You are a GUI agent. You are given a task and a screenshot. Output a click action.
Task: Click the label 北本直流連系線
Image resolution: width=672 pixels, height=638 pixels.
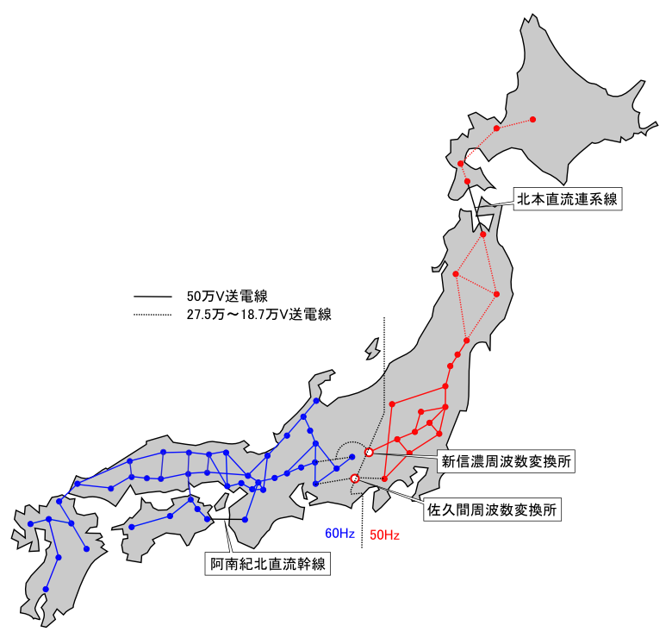tap(567, 199)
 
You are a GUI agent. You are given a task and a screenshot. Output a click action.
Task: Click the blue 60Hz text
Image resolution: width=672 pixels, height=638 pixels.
tap(339, 534)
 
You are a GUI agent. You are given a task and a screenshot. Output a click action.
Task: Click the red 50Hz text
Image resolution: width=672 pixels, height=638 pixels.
tap(384, 535)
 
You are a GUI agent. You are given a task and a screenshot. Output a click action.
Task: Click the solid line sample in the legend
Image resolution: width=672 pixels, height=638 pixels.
tap(153, 297)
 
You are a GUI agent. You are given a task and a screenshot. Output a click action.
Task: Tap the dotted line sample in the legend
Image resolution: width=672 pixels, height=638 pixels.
tap(153, 315)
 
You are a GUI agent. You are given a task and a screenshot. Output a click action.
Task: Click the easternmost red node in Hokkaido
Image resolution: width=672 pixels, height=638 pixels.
tap(532, 119)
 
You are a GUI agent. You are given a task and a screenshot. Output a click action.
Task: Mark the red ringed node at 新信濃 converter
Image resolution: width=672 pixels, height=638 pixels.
tap(369, 452)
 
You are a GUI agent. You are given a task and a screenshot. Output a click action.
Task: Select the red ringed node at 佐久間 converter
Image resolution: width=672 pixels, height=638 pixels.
tap(355, 478)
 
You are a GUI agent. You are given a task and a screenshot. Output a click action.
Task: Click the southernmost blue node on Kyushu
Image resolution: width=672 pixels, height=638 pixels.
tap(46, 590)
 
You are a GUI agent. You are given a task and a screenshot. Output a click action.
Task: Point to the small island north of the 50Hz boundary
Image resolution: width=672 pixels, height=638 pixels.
tap(372, 348)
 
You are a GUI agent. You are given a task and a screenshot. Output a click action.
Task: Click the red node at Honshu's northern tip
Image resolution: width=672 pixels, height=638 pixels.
tap(483, 235)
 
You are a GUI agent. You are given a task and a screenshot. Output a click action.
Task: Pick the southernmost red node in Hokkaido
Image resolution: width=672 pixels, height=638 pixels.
tap(467, 182)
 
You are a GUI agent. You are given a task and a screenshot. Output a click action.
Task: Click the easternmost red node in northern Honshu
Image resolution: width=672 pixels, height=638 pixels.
tap(496, 294)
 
